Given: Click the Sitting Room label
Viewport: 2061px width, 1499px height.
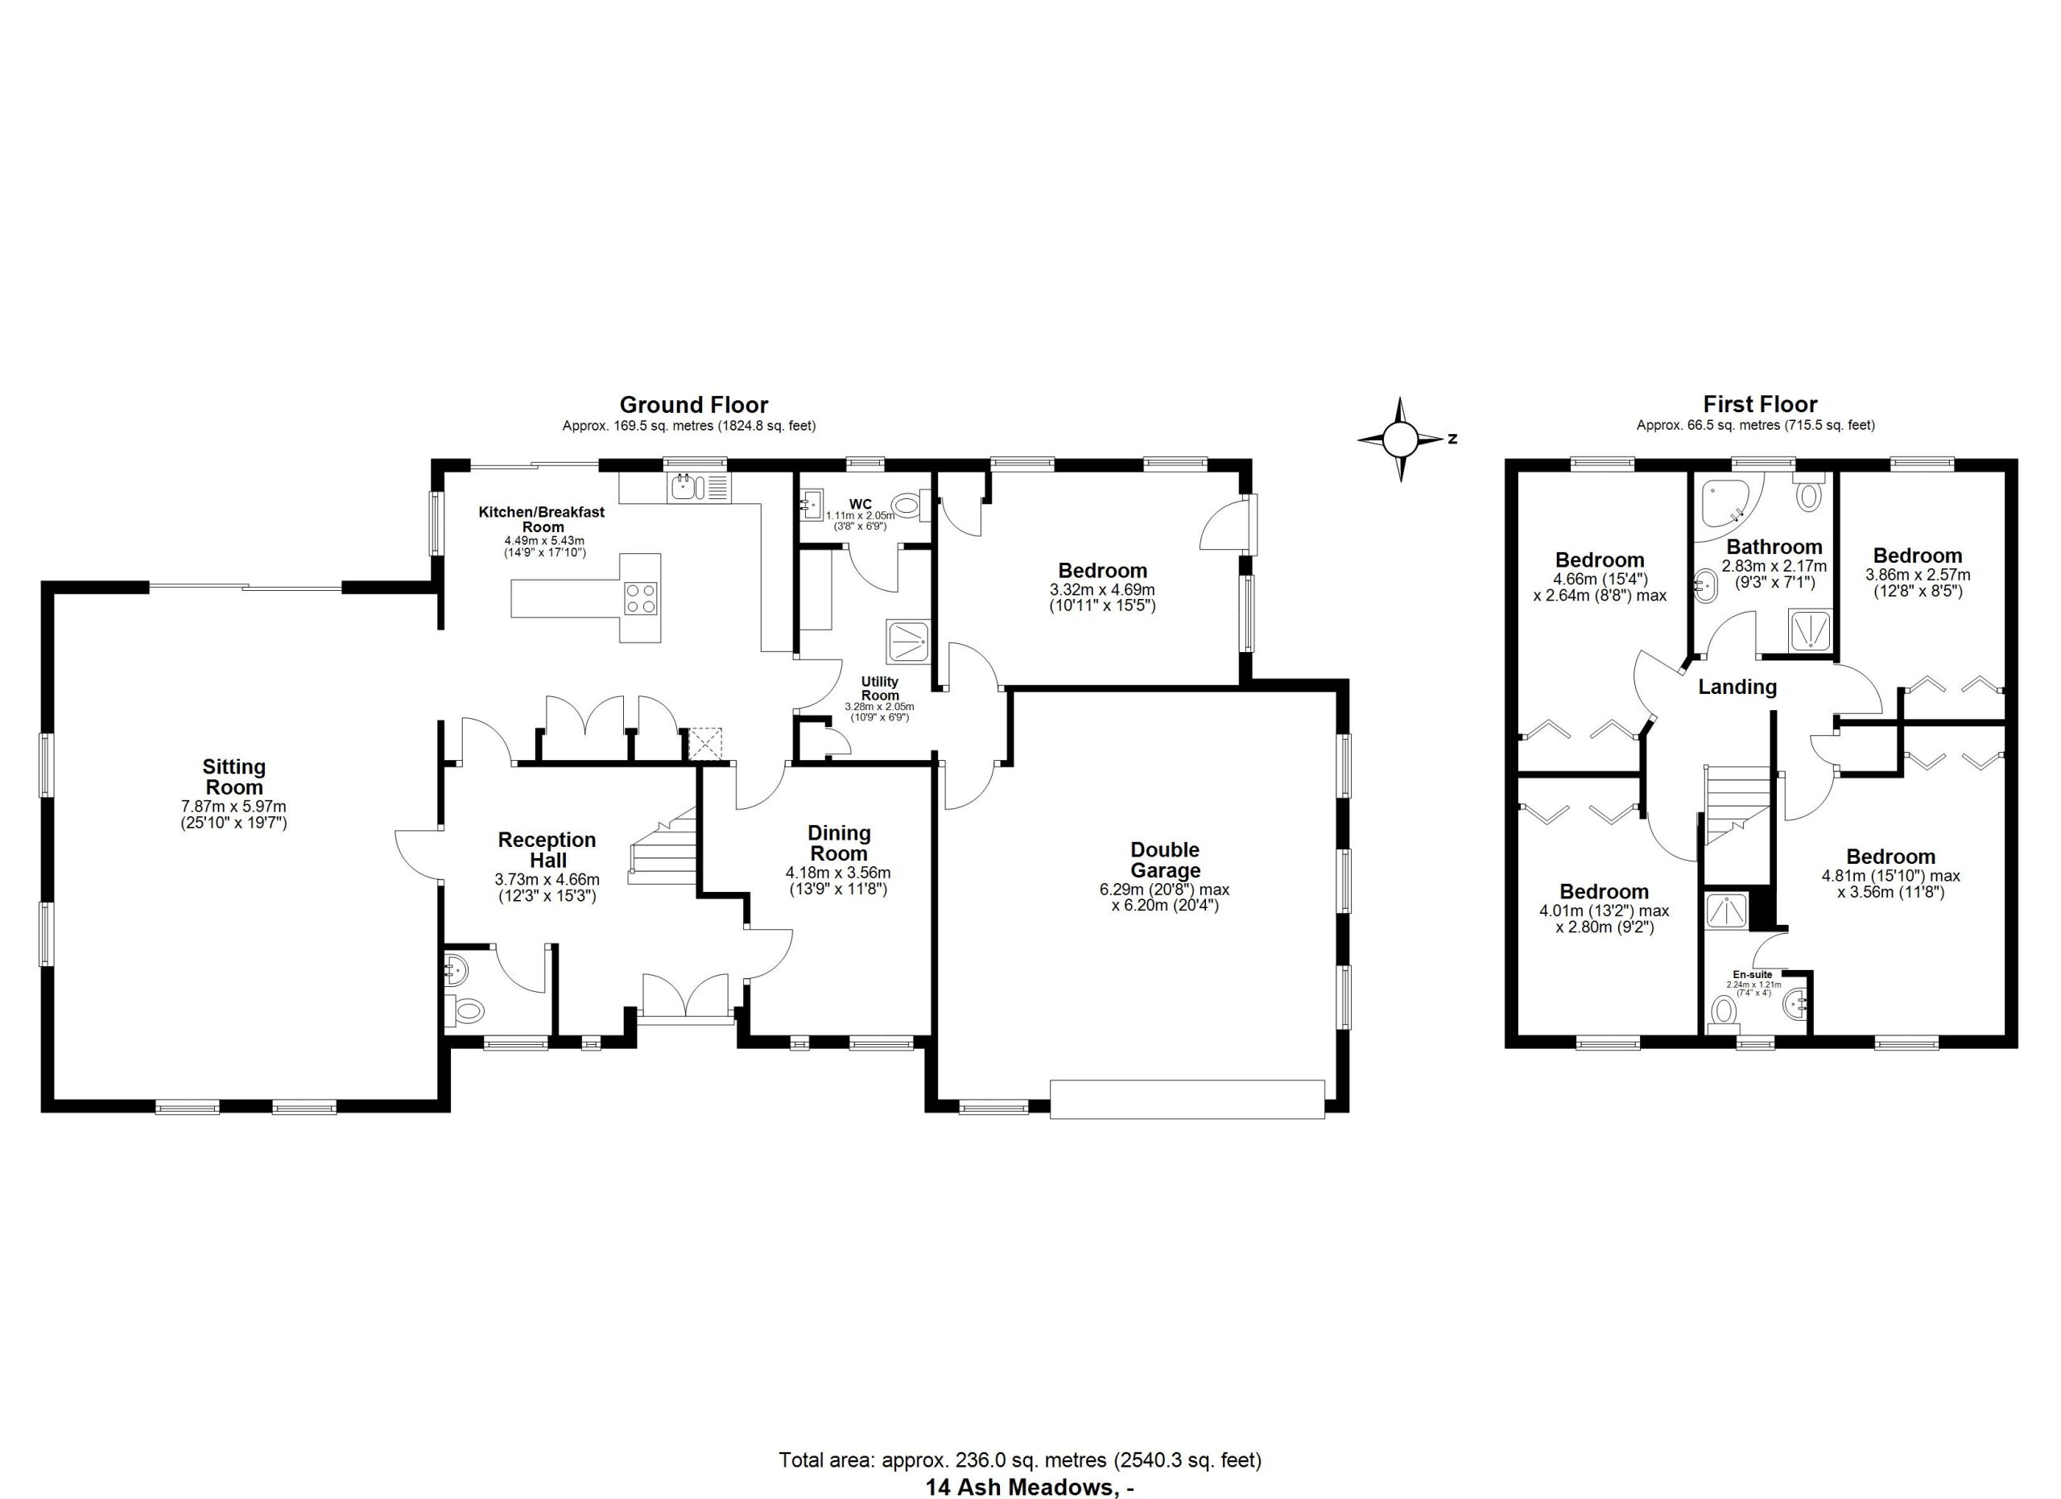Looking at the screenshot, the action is tap(233, 778).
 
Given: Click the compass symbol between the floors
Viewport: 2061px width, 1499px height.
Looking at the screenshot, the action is tap(1400, 440).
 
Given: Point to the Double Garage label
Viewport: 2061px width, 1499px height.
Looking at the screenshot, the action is tap(1164, 861).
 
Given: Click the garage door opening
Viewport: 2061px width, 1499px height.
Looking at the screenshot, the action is tap(1187, 1099).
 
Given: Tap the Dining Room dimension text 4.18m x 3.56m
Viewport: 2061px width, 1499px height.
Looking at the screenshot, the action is tap(838, 873).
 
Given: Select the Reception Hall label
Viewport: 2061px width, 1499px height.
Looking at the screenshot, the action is tap(547, 850).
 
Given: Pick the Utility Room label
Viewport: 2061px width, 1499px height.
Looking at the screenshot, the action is tap(880, 688).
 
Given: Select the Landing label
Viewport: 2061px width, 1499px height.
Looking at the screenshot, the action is tap(1737, 687).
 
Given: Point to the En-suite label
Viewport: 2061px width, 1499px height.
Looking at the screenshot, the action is tap(1753, 975).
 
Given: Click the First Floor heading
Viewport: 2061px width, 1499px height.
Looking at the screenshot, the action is tap(1760, 404).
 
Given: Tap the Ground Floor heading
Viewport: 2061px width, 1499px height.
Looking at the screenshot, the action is tap(693, 404).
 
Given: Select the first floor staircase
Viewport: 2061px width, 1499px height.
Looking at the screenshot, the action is tap(1737, 805).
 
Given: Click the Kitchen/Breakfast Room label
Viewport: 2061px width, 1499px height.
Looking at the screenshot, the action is tap(543, 518).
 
